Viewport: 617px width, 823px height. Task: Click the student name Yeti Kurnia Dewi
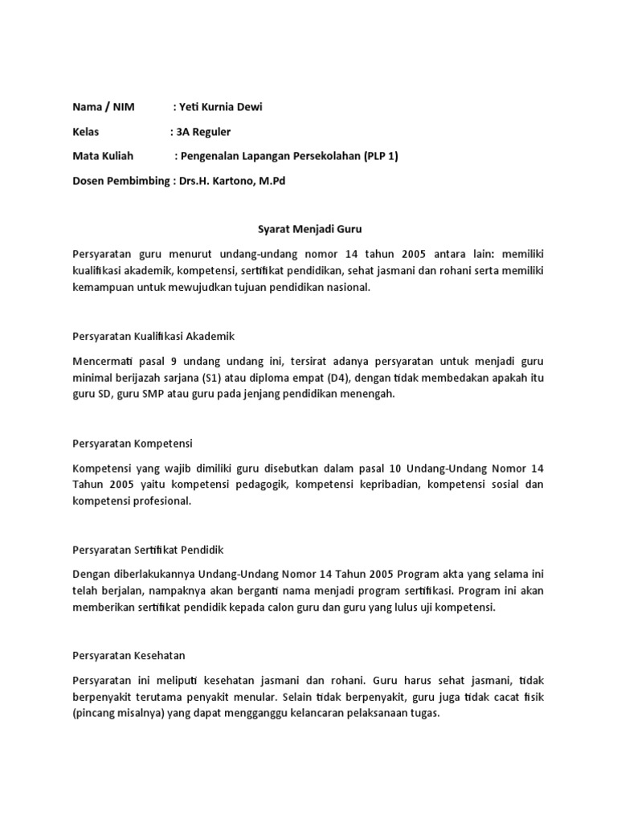click(222, 107)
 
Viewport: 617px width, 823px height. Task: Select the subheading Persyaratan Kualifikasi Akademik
click(153, 335)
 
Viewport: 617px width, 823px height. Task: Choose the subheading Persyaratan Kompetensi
click(133, 443)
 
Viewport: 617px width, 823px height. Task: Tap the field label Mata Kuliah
click(103, 156)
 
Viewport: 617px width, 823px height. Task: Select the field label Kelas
click(86, 132)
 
